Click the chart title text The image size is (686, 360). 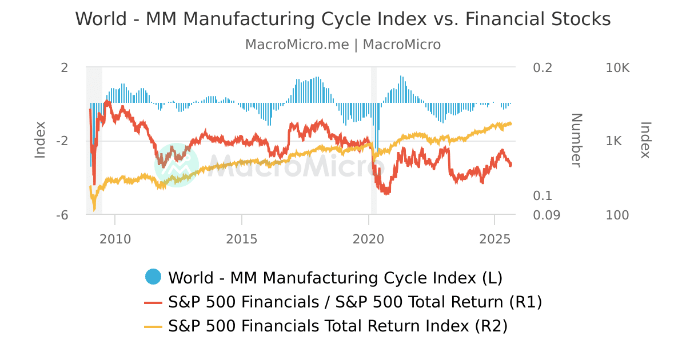coord(343,19)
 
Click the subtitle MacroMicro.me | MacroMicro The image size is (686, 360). coord(343,45)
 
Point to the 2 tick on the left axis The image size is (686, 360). coord(65,67)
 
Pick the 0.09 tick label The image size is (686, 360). coord(546,215)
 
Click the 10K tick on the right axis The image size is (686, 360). coord(617,67)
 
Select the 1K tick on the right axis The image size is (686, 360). coord(617,141)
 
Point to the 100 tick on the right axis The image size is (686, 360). coord(617,215)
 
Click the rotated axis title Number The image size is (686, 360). coord(576,141)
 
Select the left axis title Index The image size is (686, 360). coord(40,141)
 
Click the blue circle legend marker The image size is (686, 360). coord(153,277)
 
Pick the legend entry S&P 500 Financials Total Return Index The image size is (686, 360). coord(337,326)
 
